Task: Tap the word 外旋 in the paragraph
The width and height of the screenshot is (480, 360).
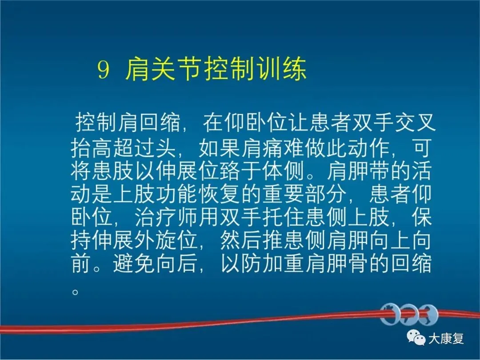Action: (156, 240)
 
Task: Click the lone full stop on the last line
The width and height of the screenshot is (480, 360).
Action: (75, 291)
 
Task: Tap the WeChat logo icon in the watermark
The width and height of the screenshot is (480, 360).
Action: (416, 337)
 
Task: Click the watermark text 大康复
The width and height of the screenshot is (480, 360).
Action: (446, 339)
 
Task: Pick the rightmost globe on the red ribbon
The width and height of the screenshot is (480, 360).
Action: (428, 314)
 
